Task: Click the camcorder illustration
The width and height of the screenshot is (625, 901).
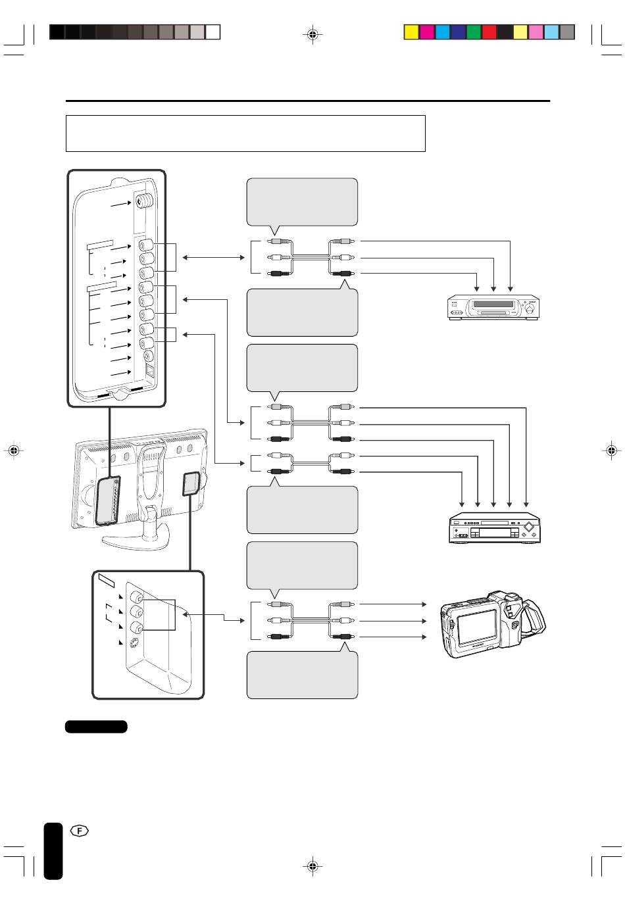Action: (x=493, y=624)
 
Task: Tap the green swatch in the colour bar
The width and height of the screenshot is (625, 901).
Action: (x=474, y=32)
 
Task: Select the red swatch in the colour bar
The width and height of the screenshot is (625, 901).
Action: (x=489, y=32)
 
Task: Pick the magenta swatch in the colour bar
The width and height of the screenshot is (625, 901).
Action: (x=427, y=32)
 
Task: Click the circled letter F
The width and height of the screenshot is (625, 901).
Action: (x=80, y=831)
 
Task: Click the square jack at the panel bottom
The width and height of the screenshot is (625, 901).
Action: (x=149, y=370)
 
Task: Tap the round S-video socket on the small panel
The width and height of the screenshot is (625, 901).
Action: (x=136, y=644)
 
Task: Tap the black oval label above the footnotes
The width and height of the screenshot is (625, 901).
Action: (x=96, y=727)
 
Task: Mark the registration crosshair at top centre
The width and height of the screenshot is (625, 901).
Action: (x=312, y=34)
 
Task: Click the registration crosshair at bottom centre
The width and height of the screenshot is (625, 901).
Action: (x=312, y=866)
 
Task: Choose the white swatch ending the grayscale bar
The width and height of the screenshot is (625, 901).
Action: (x=213, y=32)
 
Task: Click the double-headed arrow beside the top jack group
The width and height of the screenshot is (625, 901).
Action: (x=213, y=257)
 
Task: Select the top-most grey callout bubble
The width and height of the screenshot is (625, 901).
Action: (x=302, y=201)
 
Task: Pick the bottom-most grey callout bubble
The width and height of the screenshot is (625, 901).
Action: (x=302, y=675)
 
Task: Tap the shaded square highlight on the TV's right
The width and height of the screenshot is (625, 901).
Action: (x=191, y=483)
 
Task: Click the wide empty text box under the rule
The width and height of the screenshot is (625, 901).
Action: (x=245, y=134)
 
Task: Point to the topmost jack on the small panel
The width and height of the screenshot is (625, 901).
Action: (x=136, y=597)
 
